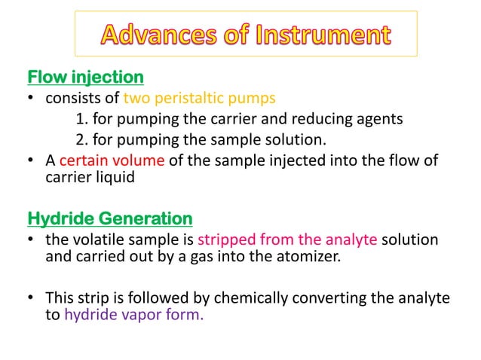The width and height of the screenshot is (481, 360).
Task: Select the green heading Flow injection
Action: click(85, 77)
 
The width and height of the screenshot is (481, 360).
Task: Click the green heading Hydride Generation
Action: click(110, 218)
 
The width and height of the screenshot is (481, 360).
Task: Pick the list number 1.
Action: click(81, 118)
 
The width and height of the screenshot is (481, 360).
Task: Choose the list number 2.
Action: click(81, 139)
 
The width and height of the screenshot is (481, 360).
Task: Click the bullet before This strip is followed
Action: click(32, 298)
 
